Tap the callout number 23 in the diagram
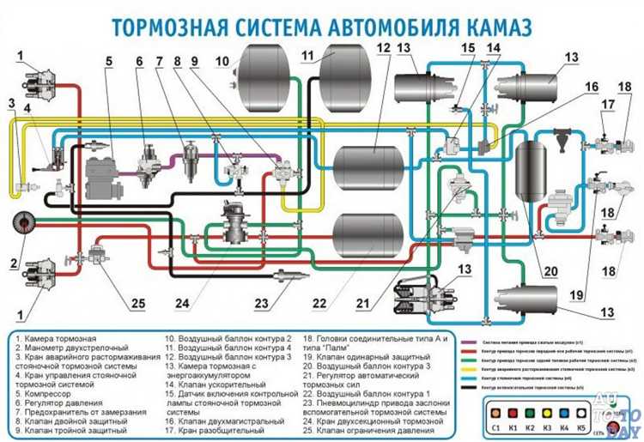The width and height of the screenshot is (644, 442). click(261, 303)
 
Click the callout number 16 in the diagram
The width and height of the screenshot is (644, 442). click(592, 86)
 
